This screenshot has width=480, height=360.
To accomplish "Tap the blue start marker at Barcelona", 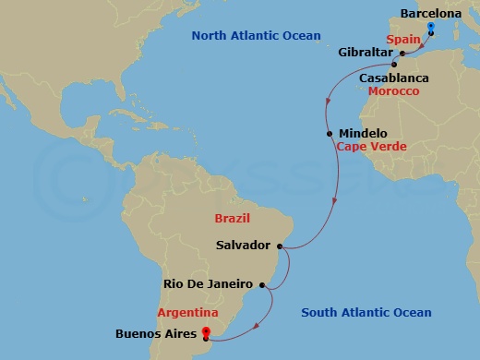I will (431, 27).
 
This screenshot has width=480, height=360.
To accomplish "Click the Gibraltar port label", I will (366, 54).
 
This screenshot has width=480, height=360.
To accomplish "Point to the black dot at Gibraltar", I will (402, 54).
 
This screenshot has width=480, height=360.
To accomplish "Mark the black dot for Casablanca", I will (394, 66).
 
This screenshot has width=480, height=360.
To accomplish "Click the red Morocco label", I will (393, 91).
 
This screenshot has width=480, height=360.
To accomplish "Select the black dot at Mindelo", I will (330, 134).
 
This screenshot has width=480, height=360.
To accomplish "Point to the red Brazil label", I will (232, 219).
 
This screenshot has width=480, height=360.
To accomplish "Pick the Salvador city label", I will (242, 246).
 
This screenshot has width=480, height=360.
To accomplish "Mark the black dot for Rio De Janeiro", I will (261, 284).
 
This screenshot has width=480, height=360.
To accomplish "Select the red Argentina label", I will (187, 313).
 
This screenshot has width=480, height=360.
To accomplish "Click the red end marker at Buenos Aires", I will (206, 332).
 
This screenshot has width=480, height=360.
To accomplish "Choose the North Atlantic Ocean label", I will (256, 36).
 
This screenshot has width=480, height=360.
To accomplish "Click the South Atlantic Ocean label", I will (366, 313).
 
